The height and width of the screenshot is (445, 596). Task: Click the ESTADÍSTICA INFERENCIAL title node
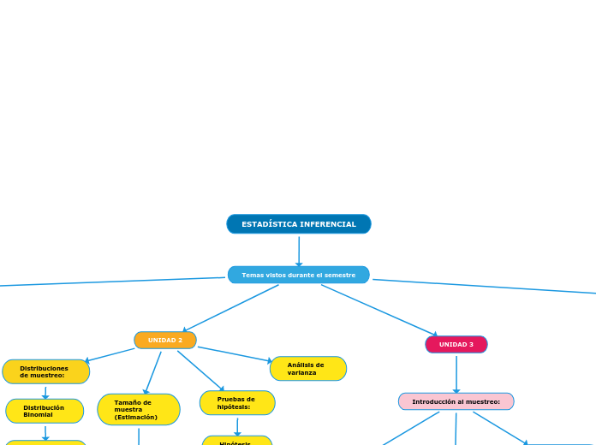click(x=298, y=224)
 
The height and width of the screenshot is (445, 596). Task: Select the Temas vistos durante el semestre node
click(x=298, y=275)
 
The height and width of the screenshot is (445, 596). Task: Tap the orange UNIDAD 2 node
click(x=165, y=341)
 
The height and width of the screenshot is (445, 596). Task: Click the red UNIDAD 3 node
click(x=456, y=345)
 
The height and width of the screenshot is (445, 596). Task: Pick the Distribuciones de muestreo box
click(x=45, y=371)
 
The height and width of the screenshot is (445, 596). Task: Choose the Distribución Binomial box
click(x=45, y=411)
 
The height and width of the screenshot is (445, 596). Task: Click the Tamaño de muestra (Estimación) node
click(x=138, y=409)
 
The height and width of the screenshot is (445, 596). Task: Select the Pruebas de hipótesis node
click(x=237, y=402)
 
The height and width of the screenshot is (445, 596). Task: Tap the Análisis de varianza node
click(x=307, y=369)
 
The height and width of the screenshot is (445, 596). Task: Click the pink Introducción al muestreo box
click(x=456, y=401)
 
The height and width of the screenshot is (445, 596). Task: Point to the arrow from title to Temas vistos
click(x=299, y=251)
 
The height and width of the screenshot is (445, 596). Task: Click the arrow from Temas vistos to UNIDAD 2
click(x=231, y=308)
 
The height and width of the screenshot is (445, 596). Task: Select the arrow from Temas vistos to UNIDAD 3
click(x=378, y=310)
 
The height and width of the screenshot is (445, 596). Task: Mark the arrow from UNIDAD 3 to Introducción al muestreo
click(x=456, y=374)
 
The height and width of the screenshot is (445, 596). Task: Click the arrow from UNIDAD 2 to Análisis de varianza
click(x=233, y=354)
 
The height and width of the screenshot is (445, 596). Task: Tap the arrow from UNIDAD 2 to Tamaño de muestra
click(x=153, y=372)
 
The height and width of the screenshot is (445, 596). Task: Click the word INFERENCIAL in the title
click(x=327, y=224)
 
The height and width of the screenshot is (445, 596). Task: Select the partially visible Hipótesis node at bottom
click(x=236, y=442)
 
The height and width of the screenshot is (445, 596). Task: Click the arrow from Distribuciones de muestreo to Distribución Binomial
click(x=45, y=392)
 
